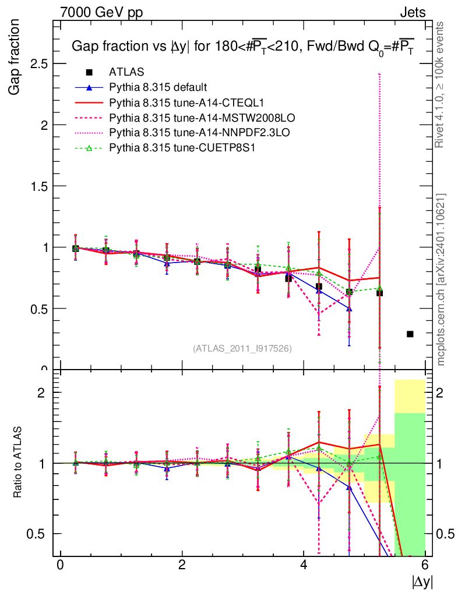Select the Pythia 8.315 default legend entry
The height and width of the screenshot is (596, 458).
point(158,87)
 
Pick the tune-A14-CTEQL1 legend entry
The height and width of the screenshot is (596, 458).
point(175,102)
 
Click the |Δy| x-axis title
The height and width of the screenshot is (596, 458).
point(422,581)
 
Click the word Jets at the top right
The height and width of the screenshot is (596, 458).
point(413,12)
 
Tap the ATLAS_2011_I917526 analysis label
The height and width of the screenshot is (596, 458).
point(242,348)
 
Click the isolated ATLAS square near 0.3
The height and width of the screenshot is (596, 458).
point(410,334)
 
